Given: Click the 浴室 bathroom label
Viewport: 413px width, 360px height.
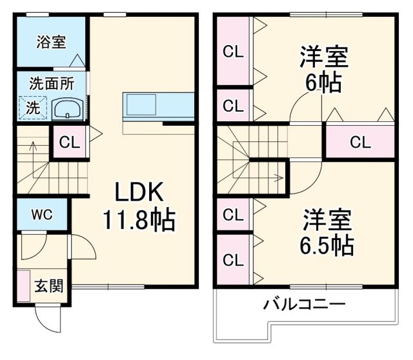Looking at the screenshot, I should pyautogui.click(x=50, y=43).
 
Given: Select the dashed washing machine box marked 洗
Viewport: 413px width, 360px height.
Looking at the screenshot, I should pyautogui.click(x=32, y=107).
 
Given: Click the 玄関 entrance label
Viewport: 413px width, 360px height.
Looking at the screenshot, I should pyautogui.click(x=49, y=285).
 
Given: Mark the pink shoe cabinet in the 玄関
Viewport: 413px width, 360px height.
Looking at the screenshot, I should pyautogui.click(x=24, y=286).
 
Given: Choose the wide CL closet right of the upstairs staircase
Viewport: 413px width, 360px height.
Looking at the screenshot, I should pyautogui.click(x=359, y=141).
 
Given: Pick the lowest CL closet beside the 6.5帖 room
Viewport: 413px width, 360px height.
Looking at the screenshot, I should pyautogui.click(x=233, y=259).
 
